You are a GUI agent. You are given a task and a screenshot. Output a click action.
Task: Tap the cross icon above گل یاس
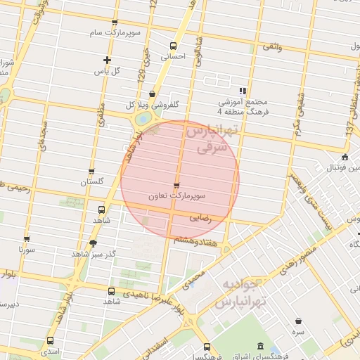[x=107, y=60]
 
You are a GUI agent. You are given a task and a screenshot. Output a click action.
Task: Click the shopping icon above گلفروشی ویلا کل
[x=152, y=94]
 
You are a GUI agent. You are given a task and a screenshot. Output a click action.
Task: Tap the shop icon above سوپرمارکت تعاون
[x=176, y=186]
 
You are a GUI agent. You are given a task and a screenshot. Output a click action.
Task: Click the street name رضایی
[x=200, y=218]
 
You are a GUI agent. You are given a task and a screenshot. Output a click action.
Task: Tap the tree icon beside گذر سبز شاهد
[x=93, y=243]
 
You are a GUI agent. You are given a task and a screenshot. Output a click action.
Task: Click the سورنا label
[x=27, y=249]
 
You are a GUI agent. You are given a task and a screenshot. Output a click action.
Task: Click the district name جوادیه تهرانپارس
[x=241, y=294]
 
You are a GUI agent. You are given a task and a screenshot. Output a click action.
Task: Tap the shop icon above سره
[x=300, y=321]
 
